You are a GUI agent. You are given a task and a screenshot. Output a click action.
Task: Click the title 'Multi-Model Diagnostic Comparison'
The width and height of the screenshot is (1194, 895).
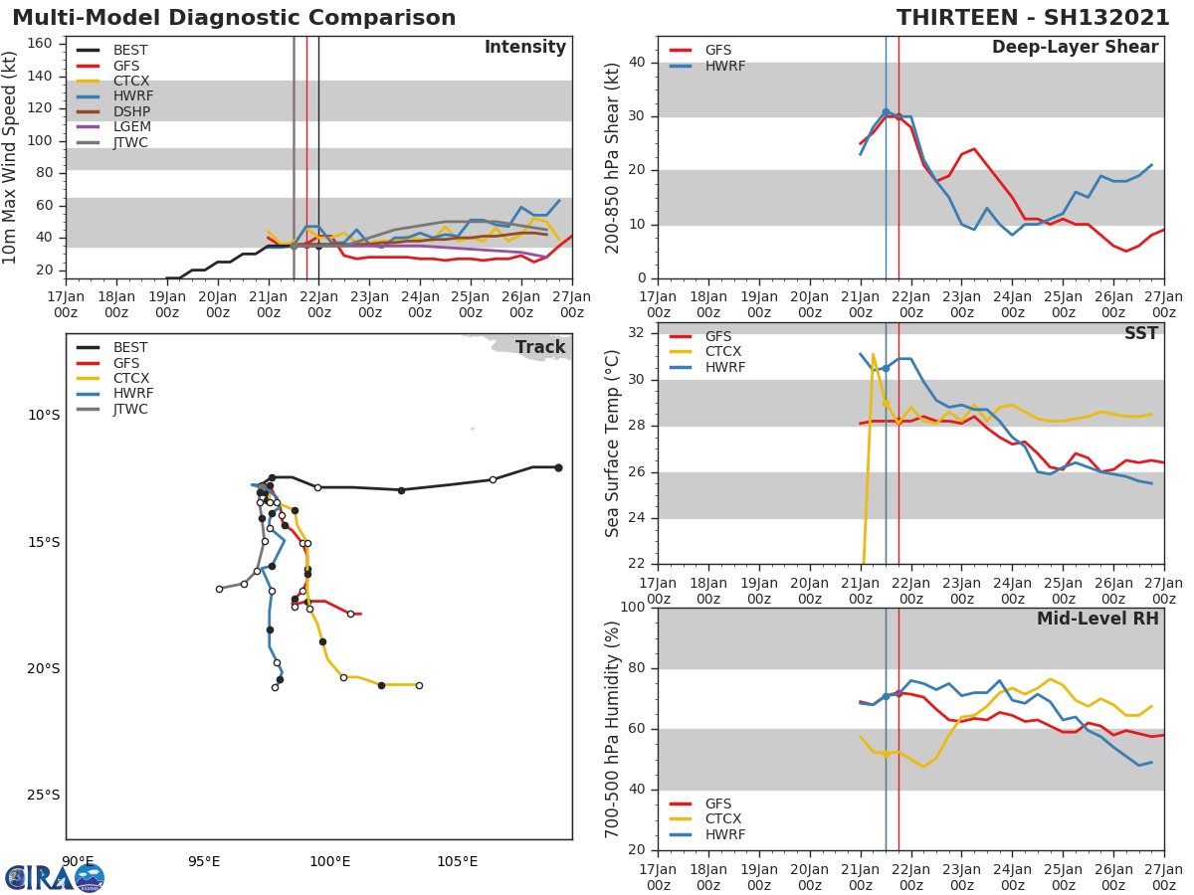(x=234, y=18)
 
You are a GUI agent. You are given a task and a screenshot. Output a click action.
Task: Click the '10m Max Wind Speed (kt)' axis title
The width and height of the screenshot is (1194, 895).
(x=11, y=157)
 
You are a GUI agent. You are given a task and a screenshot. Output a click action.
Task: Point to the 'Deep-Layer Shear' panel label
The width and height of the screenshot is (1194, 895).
(x=1075, y=48)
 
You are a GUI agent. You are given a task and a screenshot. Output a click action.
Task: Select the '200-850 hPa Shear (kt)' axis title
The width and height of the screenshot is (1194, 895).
(x=613, y=157)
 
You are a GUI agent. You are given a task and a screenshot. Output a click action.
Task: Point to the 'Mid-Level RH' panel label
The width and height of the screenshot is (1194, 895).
(x=1097, y=619)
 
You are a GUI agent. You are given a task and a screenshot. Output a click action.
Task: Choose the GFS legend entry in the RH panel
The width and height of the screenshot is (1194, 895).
(x=717, y=804)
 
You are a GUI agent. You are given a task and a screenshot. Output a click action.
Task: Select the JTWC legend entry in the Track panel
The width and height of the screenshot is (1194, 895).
(x=130, y=409)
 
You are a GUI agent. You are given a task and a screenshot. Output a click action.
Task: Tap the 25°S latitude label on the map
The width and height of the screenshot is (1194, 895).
(x=44, y=795)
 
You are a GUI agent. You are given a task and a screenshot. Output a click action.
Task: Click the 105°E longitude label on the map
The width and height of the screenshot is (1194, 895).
(x=457, y=861)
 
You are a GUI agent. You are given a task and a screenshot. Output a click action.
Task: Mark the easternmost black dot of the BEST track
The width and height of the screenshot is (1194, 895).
(x=558, y=467)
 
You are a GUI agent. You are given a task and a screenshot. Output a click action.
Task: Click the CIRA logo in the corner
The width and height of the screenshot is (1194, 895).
(x=54, y=877)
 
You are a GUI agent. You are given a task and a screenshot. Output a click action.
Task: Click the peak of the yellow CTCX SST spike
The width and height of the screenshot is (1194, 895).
(x=873, y=354)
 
